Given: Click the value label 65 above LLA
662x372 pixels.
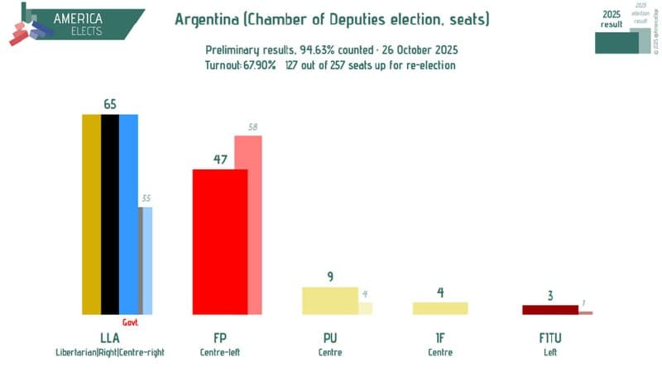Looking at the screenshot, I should coord(110,104).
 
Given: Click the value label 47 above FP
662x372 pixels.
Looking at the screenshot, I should coord(219,160).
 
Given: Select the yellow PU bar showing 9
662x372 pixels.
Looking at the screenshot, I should coord(330,300).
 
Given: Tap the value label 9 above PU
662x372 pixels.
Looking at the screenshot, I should coord(330,277).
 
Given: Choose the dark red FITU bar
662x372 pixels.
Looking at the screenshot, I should coord(550,310).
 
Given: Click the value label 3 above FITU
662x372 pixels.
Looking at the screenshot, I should coord(550,295).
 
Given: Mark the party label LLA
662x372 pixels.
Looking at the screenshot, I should coord(110,337).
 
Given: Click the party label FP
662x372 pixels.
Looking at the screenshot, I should coord(219,337).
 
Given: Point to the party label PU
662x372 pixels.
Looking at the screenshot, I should coord(330,337).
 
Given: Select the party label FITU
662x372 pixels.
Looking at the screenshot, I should coord(550,337).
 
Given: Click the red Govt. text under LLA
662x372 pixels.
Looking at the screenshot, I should coord(130,322).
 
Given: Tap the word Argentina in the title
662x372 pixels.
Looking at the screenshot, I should coord(207,18).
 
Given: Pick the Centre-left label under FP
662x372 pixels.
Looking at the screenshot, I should coord(219,353).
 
